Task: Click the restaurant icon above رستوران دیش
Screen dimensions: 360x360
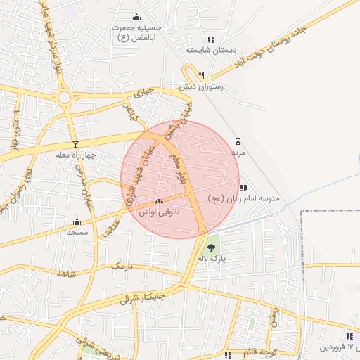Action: (201, 75)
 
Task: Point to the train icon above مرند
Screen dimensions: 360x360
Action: (238, 141)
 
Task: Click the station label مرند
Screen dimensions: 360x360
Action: (237, 151)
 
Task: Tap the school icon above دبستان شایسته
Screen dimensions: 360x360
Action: (210, 39)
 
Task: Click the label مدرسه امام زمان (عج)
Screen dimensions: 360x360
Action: (244, 199)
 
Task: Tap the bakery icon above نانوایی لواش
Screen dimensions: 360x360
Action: (158, 200)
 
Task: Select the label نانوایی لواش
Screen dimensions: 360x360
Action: (159, 211)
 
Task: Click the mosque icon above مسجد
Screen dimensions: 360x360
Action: (77, 221)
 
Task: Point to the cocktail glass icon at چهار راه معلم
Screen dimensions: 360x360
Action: (75, 143)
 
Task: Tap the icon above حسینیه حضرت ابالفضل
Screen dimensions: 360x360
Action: (136, 17)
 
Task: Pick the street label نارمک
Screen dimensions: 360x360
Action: (121, 266)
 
